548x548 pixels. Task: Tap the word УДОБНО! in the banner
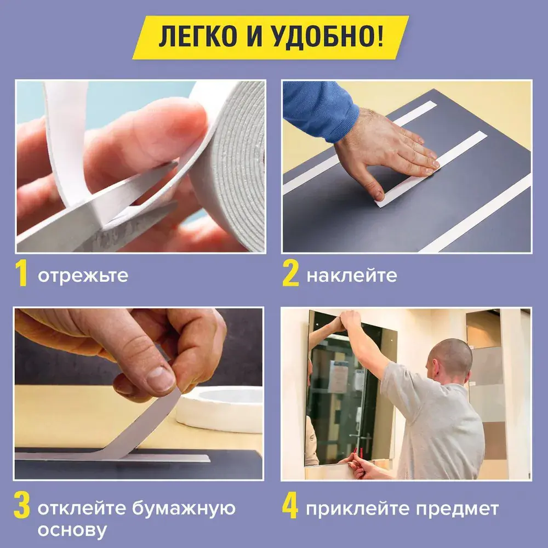[327, 36]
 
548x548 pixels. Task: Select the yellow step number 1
[21, 273]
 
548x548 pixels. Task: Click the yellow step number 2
[290, 273]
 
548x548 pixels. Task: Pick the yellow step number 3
[22, 505]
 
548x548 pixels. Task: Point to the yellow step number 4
[290, 505]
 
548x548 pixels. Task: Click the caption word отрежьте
[83, 276]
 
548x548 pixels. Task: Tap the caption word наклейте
[352, 276]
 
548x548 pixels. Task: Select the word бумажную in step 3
[184, 509]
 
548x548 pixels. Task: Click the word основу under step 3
[72, 530]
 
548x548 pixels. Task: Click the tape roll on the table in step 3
[220, 408]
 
